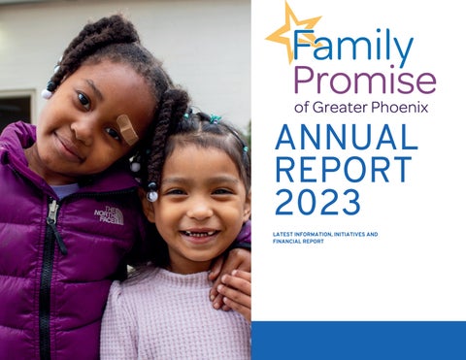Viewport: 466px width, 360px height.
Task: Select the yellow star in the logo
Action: coord(291,32)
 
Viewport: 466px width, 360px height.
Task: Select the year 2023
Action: coord(316,201)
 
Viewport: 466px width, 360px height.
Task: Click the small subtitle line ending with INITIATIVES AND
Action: coord(324,235)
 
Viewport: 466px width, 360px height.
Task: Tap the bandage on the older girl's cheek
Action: coord(127,128)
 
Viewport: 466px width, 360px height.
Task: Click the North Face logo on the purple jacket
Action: coord(109,215)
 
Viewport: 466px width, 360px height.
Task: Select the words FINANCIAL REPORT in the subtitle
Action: coord(302,242)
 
